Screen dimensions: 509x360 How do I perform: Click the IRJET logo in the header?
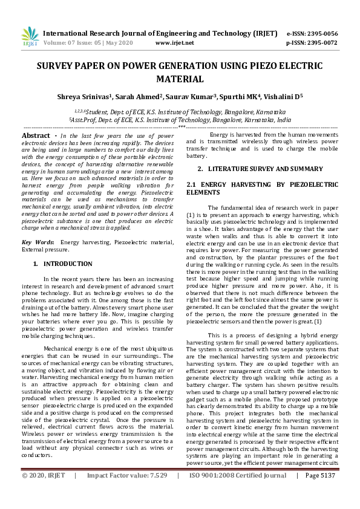(x=30, y=37)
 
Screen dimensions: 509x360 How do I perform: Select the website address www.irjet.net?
(x=174, y=43)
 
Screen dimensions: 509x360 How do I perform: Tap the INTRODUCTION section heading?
(x=68, y=264)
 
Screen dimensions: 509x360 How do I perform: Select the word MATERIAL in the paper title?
(x=180, y=79)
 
